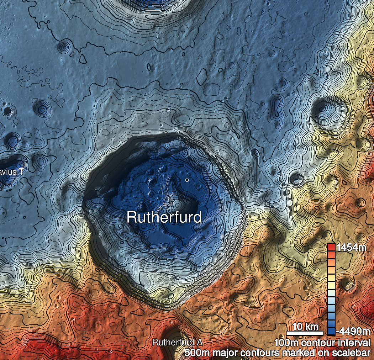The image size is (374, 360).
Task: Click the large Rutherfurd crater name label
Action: [164, 217]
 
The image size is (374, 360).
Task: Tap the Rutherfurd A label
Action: [177, 342]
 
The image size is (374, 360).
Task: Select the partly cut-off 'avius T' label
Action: [12, 172]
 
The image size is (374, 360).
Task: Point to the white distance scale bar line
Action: [305, 333]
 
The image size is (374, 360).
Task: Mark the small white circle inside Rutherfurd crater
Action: [187, 180]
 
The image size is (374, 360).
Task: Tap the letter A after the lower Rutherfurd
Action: [199, 342]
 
